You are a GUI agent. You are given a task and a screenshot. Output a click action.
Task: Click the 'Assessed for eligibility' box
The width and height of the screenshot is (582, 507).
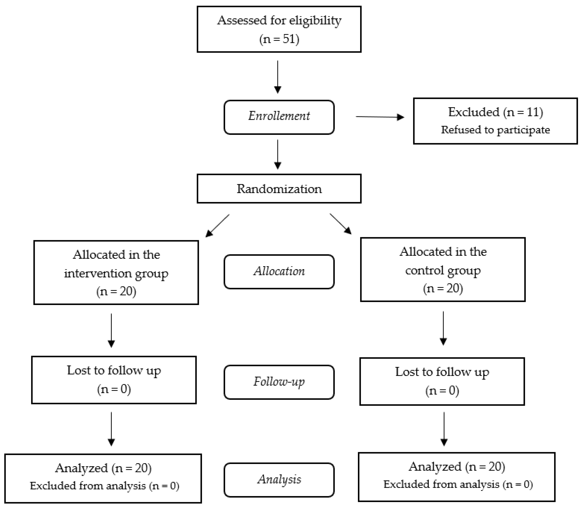(x=279, y=29)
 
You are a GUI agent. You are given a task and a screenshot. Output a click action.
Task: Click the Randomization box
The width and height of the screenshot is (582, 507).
(x=279, y=189)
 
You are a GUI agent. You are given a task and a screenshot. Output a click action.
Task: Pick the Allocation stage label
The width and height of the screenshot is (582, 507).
(x=279, y=272)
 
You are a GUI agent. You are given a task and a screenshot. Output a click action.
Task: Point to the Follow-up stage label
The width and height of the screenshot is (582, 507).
(x=279, y=382)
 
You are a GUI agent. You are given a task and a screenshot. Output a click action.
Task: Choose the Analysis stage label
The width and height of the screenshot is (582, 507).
(x=279, y=480)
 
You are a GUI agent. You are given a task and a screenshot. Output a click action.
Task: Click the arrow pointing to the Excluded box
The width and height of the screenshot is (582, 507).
(x=380, y=117)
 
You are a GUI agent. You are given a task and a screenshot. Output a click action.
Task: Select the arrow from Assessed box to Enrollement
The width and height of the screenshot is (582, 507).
(x=278, y=77)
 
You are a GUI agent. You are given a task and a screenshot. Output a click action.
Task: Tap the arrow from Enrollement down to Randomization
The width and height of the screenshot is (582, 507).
(x=278, y=154)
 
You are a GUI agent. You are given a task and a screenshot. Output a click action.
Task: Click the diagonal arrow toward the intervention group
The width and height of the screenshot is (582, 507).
(x=217, y=225)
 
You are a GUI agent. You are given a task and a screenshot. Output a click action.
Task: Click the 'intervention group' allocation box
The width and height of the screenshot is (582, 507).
(x=116, y=273)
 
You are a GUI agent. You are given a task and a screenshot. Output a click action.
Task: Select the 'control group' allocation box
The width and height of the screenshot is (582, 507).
(x=443, y=270)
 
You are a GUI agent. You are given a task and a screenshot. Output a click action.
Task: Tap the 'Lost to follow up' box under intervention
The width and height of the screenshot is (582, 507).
(x=114, y=380)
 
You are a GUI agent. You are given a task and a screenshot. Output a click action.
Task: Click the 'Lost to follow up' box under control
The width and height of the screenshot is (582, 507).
(x=442, y=381)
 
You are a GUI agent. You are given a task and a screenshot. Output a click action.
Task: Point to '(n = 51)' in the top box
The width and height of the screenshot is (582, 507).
(x=279, y=39)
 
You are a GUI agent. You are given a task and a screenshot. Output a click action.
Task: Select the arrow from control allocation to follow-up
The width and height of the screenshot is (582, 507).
(x=443, y=328)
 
